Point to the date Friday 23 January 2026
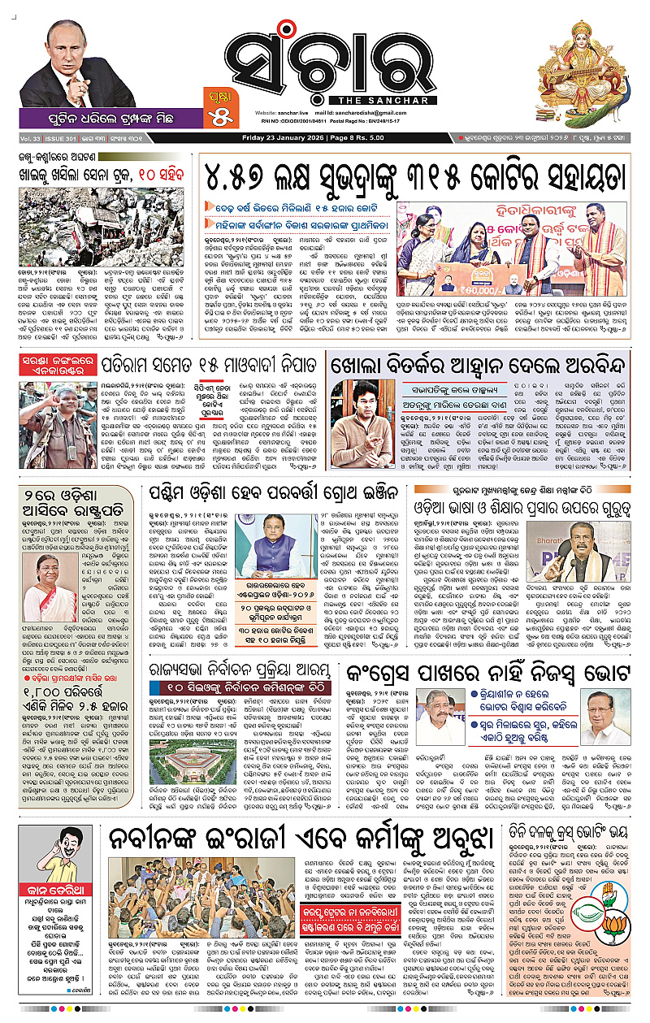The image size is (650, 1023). [x=286, y=138]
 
